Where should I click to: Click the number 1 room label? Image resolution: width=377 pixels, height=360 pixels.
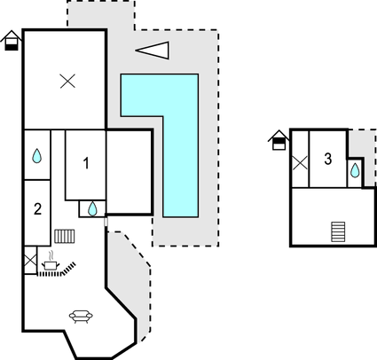[86, 163]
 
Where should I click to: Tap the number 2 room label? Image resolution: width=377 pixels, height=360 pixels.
[37, 209]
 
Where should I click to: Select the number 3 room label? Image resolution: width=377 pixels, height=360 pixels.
[328, 159]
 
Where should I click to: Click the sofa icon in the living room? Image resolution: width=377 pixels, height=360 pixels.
[81, 317]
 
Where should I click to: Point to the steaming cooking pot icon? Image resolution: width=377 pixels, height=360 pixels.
[51, 261]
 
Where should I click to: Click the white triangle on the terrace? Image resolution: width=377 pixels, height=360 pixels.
[153, 51]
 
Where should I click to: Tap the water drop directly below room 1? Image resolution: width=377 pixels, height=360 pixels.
[93, 208]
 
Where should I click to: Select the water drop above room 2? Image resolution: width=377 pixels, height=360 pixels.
[36, 156]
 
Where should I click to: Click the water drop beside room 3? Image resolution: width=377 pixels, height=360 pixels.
[355, 170]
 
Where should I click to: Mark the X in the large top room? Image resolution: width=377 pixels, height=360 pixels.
[67, 82]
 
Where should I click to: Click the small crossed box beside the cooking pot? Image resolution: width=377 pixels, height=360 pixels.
[30, 261]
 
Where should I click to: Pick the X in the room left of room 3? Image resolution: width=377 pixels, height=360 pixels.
[300, 163]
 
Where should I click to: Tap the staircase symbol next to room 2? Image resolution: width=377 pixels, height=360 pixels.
[65, 236]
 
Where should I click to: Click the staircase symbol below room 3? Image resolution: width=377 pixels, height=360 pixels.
[338, 231]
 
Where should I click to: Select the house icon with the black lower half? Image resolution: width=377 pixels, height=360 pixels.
[12, 40]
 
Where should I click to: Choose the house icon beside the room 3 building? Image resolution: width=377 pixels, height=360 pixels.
[279, 140]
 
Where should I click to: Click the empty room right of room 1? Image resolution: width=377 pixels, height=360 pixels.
[129, 172]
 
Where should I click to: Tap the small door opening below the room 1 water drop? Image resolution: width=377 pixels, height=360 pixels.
[106, 222]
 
